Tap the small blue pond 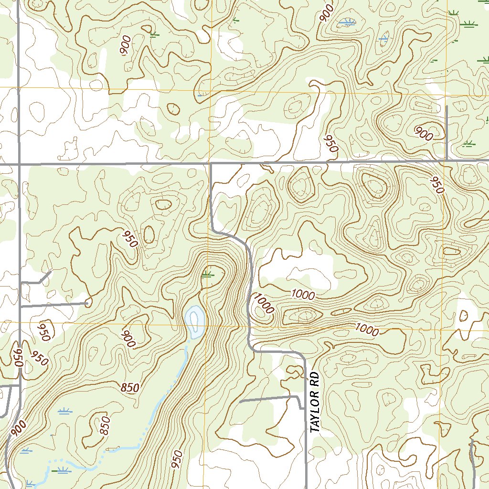[x=195, y=321]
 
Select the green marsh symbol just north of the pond [x=207, y=274]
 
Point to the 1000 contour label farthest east [x=367, y=329]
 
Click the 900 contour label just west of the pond [x=129, y=339]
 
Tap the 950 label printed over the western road [x=18, y=357]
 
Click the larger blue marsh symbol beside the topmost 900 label [x=347, y=22]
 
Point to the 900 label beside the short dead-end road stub [x=423, y=134]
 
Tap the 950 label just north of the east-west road [x=330, y=143]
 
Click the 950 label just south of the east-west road [x=436, y=185]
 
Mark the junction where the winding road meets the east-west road [x=211, y=164]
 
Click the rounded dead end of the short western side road [x=88, y=302]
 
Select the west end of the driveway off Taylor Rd [x=240, y=402]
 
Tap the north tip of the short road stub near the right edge [x=446, y=107]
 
